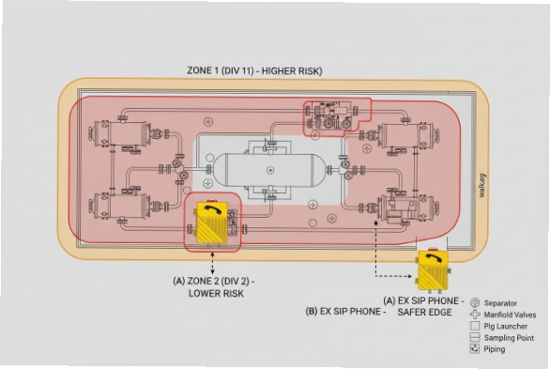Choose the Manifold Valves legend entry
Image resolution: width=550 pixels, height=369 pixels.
tap(511, 315)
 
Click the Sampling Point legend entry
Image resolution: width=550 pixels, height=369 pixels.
tap(508, 337)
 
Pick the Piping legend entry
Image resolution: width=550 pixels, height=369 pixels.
tap(495, 349)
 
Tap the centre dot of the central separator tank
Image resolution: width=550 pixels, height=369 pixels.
tap(270, 170)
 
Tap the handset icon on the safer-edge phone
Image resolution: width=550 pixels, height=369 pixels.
tap(433, 260)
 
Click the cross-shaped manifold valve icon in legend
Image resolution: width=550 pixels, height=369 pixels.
tap(475, 315)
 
